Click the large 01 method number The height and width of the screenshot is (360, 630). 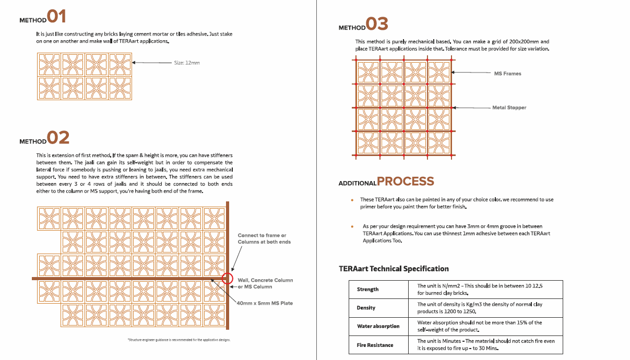pos(57,16)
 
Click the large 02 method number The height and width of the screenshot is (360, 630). pos(58,138)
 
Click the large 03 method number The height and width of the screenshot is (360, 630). pos(377,24)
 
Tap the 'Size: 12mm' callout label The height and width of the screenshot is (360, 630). pos(187,63)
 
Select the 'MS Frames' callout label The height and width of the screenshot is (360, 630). pos(507,74)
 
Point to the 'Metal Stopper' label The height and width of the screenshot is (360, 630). pos(509,107)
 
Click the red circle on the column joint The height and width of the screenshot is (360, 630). pos(228,278)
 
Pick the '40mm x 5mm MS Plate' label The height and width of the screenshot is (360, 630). pos(265,303)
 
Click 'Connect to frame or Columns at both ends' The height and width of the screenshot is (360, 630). pos(264,238)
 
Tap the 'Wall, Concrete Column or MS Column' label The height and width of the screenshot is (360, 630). pos(265,283)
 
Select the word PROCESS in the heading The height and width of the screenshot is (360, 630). pos(406,182)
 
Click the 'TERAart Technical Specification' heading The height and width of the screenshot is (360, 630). pos(394,269)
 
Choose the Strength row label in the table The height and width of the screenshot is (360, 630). pos(368,290)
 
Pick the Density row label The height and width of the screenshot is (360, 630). pos(366,308)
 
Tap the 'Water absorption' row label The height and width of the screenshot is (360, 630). pos(378,327)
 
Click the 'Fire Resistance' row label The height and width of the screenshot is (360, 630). pos(375,345)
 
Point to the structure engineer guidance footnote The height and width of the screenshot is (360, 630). pos(179,340)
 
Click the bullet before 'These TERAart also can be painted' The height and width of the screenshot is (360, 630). pos(352,200)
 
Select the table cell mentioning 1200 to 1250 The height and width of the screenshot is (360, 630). pos(485,308)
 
